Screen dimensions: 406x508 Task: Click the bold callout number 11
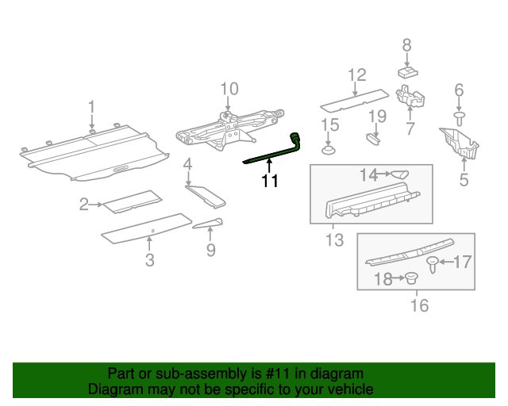click(x=271, y=182)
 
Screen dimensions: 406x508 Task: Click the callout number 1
click(x=91, y=105)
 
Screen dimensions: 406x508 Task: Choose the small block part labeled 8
click(x=407, y=71)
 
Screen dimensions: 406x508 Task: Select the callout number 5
click(x=464, y=180)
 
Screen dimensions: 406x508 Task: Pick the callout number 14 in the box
click(x=368, y=174)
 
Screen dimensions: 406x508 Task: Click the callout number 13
click(x=336, y=239)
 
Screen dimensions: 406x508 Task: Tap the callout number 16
click(x=418, y=305)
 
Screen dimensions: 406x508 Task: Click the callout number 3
click(x=150, y=260)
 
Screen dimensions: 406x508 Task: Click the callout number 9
click(x=210, y=251)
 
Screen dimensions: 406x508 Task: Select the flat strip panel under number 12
click(x=352, y=99)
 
